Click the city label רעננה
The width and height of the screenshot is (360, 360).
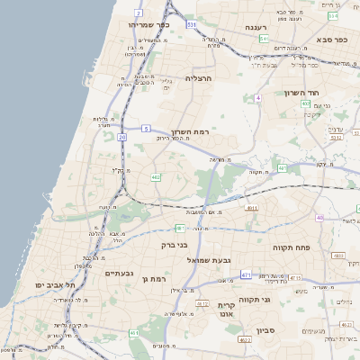264,28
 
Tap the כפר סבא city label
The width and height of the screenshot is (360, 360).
330,40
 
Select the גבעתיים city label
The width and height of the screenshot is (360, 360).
119,274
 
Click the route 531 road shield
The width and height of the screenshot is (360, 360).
192,25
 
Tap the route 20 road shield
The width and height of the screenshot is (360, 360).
121,137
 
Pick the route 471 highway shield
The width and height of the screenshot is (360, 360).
245,274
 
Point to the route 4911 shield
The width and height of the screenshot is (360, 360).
251,208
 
